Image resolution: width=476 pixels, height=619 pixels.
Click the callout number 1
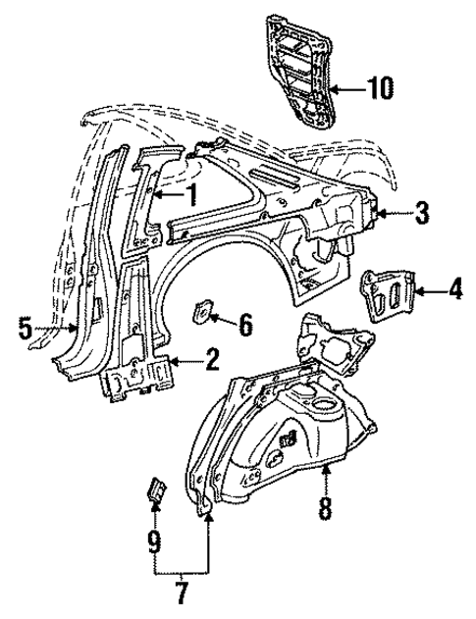coord(193,195)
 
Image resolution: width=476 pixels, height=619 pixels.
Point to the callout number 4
coord(454,289)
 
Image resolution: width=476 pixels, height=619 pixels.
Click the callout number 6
coord(245,321)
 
